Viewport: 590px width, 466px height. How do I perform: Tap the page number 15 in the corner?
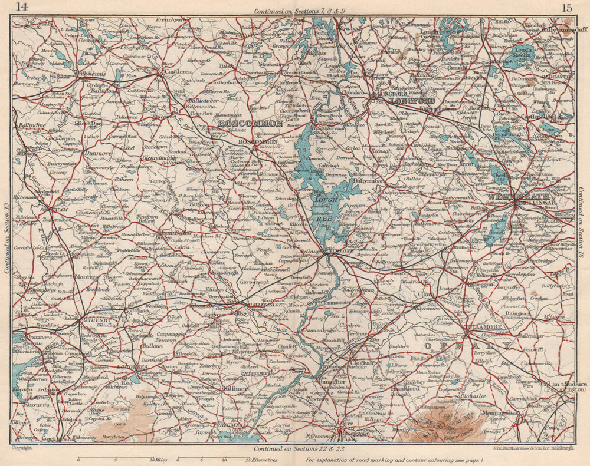pos(567,7)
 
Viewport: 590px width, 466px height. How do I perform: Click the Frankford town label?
pos(404,388)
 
